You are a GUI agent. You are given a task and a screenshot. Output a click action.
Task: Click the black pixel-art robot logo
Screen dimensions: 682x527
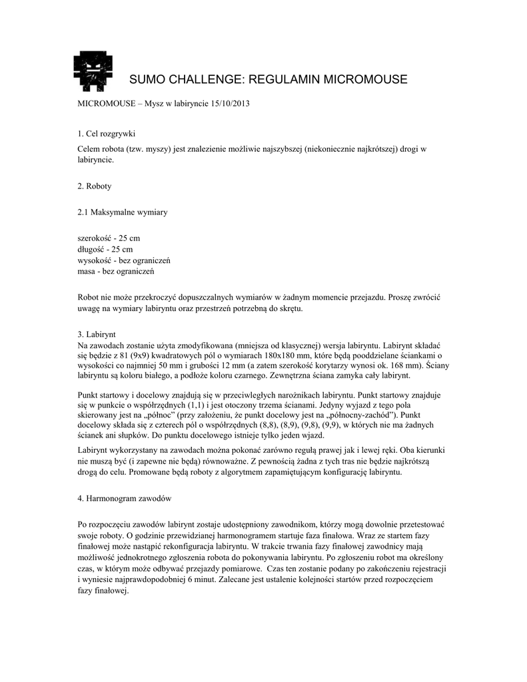click(x=93, y=71)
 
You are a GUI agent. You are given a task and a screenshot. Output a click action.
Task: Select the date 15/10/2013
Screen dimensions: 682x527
click(x=230, y=105)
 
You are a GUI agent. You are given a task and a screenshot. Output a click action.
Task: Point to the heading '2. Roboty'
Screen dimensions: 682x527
click(x=95, y=186)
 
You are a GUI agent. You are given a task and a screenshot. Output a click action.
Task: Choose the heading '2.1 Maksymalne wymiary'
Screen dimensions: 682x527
click(x=123, y=212)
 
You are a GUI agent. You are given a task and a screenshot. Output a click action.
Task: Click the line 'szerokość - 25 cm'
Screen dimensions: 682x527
click(x=109, y=238)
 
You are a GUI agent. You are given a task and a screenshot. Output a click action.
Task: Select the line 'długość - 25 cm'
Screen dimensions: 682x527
click(x=105, y=250)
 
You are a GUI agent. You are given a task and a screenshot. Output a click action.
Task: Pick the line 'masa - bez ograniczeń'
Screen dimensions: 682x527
click(x=116, y=272)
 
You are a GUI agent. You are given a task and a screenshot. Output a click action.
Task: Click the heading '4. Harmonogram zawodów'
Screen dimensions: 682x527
click(x=125, y=499)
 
